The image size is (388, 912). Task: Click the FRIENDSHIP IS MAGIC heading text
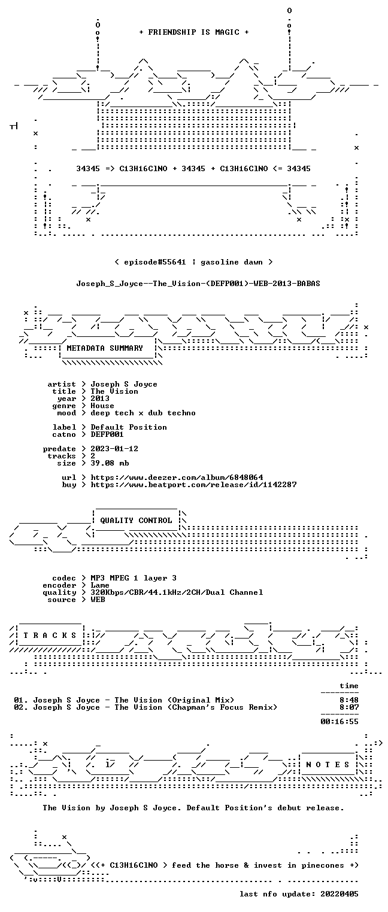[193, 32]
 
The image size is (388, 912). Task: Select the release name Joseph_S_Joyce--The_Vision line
[198, 284]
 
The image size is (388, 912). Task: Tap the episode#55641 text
[155, 262]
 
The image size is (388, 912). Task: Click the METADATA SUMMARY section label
[105, 348]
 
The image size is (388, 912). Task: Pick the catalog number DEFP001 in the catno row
[107, 434]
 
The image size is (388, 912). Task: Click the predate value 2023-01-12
[114, 449]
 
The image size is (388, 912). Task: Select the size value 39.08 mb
[110, 463]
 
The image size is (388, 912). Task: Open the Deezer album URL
[177, 477]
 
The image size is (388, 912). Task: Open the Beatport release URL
[193, 485]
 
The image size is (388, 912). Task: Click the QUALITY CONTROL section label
[136, 520]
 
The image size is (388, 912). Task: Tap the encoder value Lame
[100, 585]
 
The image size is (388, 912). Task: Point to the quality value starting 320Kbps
[177, 592]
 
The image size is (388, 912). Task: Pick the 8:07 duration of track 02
[349, 707]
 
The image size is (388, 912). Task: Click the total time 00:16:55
[339, 722]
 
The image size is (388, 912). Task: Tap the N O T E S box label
[328, 765]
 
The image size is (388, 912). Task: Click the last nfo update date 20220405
[339, 894]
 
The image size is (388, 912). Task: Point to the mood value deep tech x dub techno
[143, 413]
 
